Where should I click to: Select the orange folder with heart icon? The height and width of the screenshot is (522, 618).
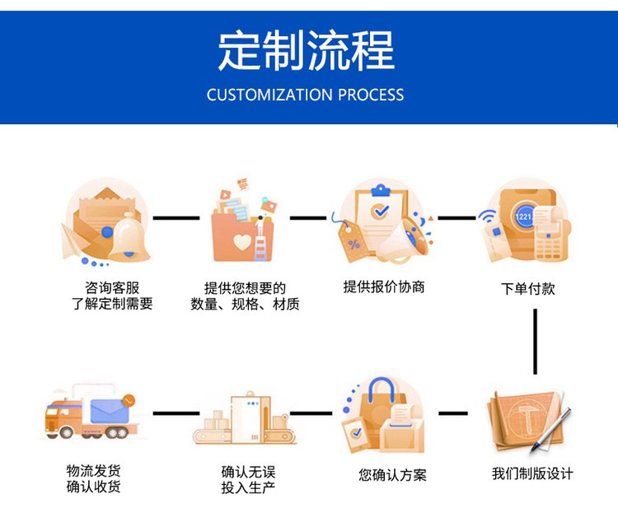[241, 222]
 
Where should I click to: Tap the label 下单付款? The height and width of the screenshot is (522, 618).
[528, 289]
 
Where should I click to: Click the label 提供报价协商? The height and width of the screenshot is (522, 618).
[384, 287]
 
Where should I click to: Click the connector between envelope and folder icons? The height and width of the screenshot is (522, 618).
[176, 218]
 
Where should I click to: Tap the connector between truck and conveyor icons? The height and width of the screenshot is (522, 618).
[176, 412]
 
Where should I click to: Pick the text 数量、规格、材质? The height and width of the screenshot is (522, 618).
[245, 305]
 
